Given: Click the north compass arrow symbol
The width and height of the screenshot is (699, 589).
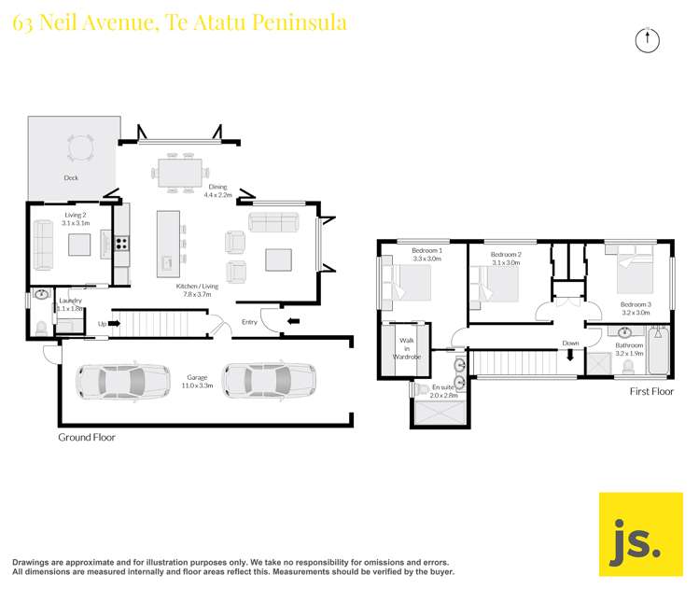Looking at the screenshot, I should click(x=646, y=39).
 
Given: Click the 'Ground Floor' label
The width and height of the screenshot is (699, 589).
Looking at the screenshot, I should click(x=86, y=437).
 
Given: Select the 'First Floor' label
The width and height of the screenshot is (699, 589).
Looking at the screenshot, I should click(x=650, y=392).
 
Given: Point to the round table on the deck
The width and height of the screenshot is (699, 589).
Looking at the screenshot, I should click(x=80, y=148).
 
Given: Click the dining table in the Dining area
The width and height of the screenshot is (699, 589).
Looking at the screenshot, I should click(x=180, y=172).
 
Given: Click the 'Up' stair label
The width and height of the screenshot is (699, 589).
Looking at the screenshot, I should click(x=103, y=325).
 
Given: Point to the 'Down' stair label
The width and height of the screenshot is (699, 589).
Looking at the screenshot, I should click(x=570, y=344).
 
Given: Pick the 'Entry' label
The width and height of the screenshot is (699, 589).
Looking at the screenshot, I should click(x=249, y=322).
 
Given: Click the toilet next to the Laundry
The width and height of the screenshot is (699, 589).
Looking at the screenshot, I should click(x=40, y=328).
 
